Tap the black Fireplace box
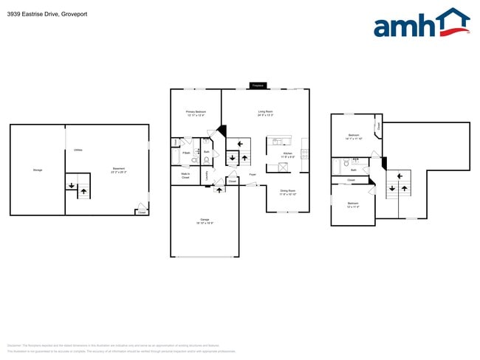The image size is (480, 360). (258, 86)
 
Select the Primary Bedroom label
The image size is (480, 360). (196, 113)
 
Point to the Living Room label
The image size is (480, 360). (266, 113)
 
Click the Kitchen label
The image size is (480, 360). (288, 154)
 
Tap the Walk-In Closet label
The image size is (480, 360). (185, 176)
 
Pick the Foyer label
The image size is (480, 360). (253, 175)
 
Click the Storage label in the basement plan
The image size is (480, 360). (38, 170)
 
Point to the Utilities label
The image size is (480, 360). (78, 150)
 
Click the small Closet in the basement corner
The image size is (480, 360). (141, 212)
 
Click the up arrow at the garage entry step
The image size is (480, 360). (219, 190)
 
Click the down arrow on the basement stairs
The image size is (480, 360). (72, 184)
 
